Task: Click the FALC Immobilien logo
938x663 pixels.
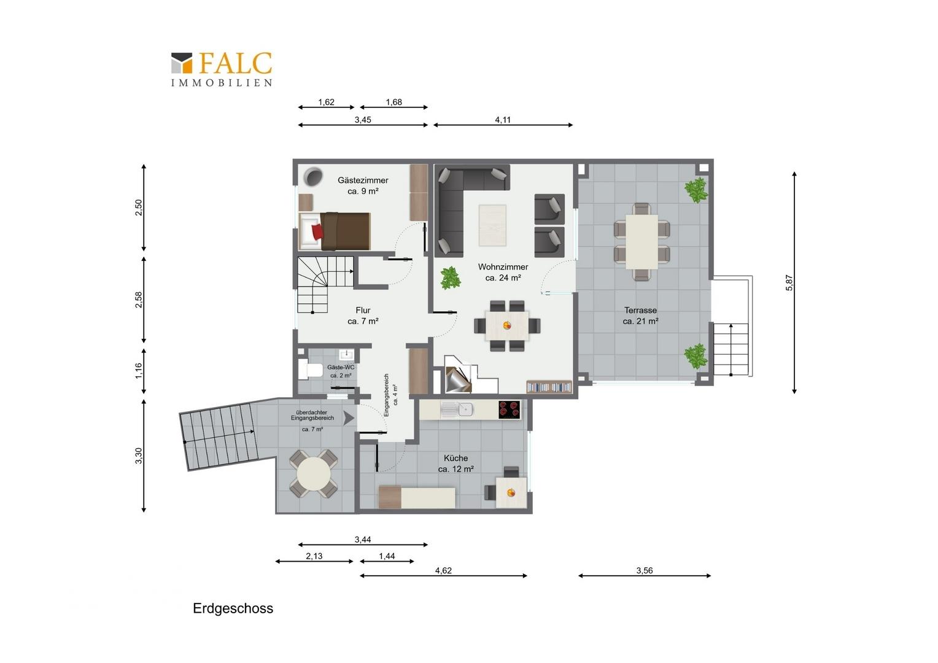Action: pyautogui.click(x=222, y=69)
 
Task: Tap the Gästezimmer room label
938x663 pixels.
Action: pyautogui.click(x=363, y=185)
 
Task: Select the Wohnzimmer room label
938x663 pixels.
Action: pyautogui.click(x=503, y=272)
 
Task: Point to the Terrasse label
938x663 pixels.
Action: pyautogui.click(x=640, y=316)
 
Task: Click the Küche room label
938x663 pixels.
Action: pyautogui.click(x=455, y=463)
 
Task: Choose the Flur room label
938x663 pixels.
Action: pyautogui.click(x=363, y=316)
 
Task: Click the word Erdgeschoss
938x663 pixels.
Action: pyautogui.click(x=233, y=608)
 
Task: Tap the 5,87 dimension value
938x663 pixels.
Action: pyautogui.click(x=789, y=282)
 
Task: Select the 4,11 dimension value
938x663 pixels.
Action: pyautogui.click(x=503, y=120)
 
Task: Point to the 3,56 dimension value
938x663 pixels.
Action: pyautogui.click(x=645, y=570)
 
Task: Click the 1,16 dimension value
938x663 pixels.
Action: pyautogui.click(x=139, y=371)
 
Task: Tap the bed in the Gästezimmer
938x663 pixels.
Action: pyautogui.click(x=335, y=231)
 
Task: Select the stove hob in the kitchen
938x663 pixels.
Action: pyautogui.click(x=510, y=409)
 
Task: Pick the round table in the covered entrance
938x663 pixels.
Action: pyautogui.click(x=314, y=473)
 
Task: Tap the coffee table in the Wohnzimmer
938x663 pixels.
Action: pyautogui.click(x=492, y=225)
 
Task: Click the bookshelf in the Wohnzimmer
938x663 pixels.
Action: pyautogui.click(x=549, y=387)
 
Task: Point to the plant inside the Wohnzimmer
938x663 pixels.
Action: pyautogui.click(x=451, y=278)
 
